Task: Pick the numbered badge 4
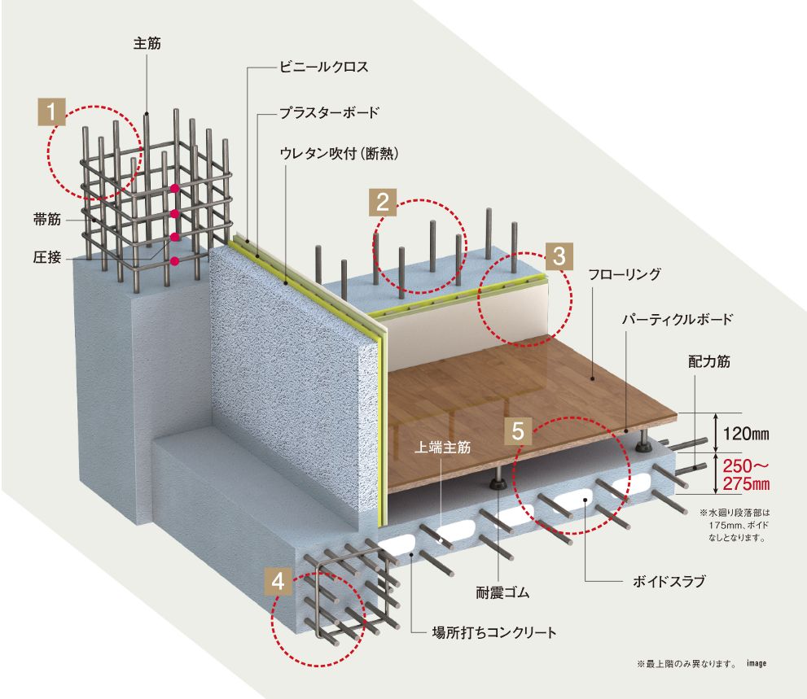click(279, 581)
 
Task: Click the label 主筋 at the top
click(147, 45)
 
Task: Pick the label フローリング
click(624, 275)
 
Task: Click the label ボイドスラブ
click(668, 582)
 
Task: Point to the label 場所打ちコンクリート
click(494, 631)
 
